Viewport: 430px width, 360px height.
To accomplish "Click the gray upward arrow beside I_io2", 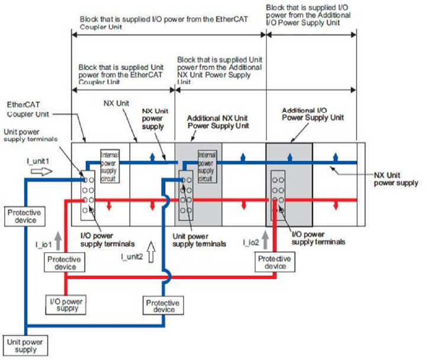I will coord(265,237).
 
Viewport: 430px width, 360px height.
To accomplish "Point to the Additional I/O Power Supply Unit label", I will coord(310,114).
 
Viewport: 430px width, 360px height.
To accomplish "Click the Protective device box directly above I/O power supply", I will coord(65,263).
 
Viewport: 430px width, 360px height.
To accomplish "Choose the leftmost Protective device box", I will coord(23,216).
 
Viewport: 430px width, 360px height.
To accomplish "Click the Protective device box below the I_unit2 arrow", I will coord(162,306).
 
